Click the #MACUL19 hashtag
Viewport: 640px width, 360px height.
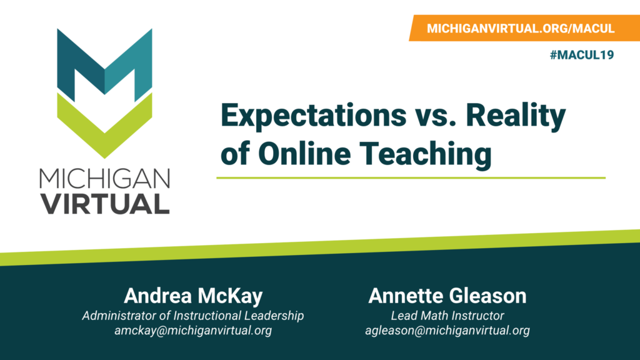click(582, 55)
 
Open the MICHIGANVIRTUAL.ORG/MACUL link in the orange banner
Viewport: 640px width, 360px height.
click(521, 29)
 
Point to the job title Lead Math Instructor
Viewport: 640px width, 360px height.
click(447, 316)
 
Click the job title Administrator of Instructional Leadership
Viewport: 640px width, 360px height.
click(193, 316)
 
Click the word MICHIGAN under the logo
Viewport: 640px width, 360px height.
click(104, 180)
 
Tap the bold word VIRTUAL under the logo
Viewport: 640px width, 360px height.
click(104, 204)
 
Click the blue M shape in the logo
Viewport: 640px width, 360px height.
click(104, 62)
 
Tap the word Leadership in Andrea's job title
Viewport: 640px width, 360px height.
click(272, 316)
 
